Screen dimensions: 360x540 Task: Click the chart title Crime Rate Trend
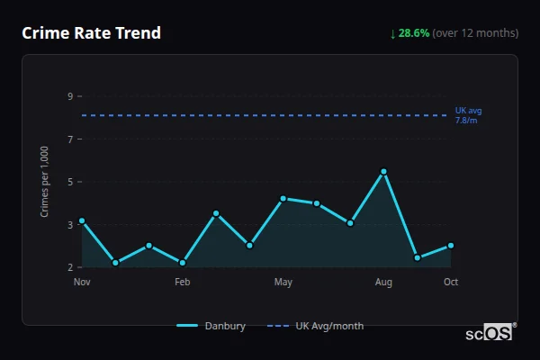91,33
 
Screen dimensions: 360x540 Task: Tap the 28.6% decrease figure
415,33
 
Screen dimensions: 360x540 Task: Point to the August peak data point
384,172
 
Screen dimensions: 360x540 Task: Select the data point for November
82,220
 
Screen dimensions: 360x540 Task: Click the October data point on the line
451,245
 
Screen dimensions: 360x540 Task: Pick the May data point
283,199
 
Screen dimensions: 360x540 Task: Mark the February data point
183,263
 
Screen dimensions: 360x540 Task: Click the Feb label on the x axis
183,283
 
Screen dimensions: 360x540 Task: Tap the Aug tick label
384,283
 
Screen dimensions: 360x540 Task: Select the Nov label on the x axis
82,283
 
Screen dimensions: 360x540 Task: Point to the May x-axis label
283,283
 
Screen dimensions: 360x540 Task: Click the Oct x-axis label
451,283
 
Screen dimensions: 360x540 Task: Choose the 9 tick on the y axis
69,96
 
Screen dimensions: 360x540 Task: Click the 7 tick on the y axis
69,139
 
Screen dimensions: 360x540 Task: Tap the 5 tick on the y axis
69,182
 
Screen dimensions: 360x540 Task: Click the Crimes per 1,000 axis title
45,182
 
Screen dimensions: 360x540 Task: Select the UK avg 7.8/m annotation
468,115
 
